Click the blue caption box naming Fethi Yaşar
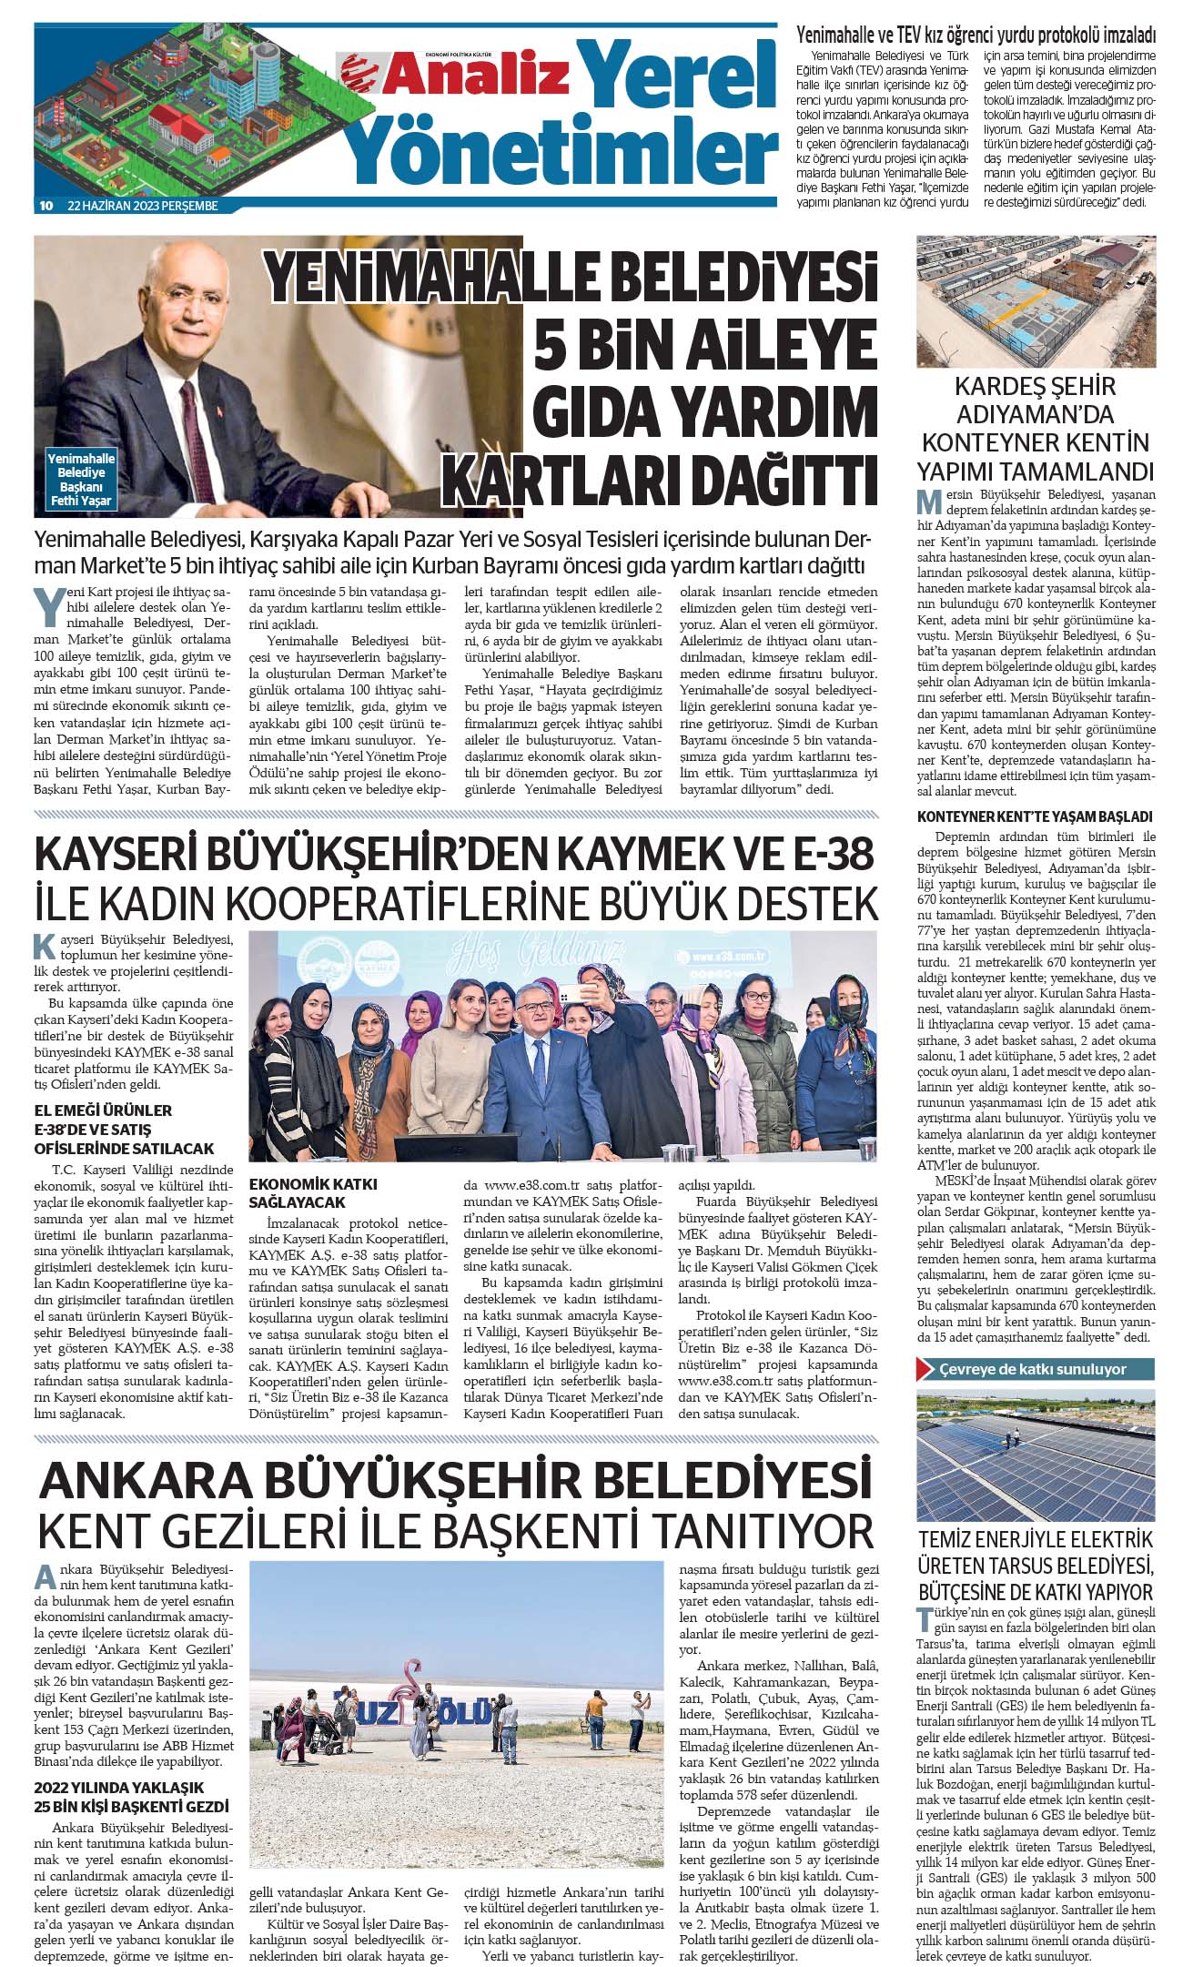pos(81,480)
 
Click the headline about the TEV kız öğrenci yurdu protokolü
pos(976,35)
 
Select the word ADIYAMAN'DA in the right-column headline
pos(1036,414)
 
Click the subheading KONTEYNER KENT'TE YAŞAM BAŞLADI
pos(1035,816)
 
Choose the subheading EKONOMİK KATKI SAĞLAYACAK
pos(313,1193)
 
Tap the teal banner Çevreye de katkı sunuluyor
pos(1036,1369)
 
